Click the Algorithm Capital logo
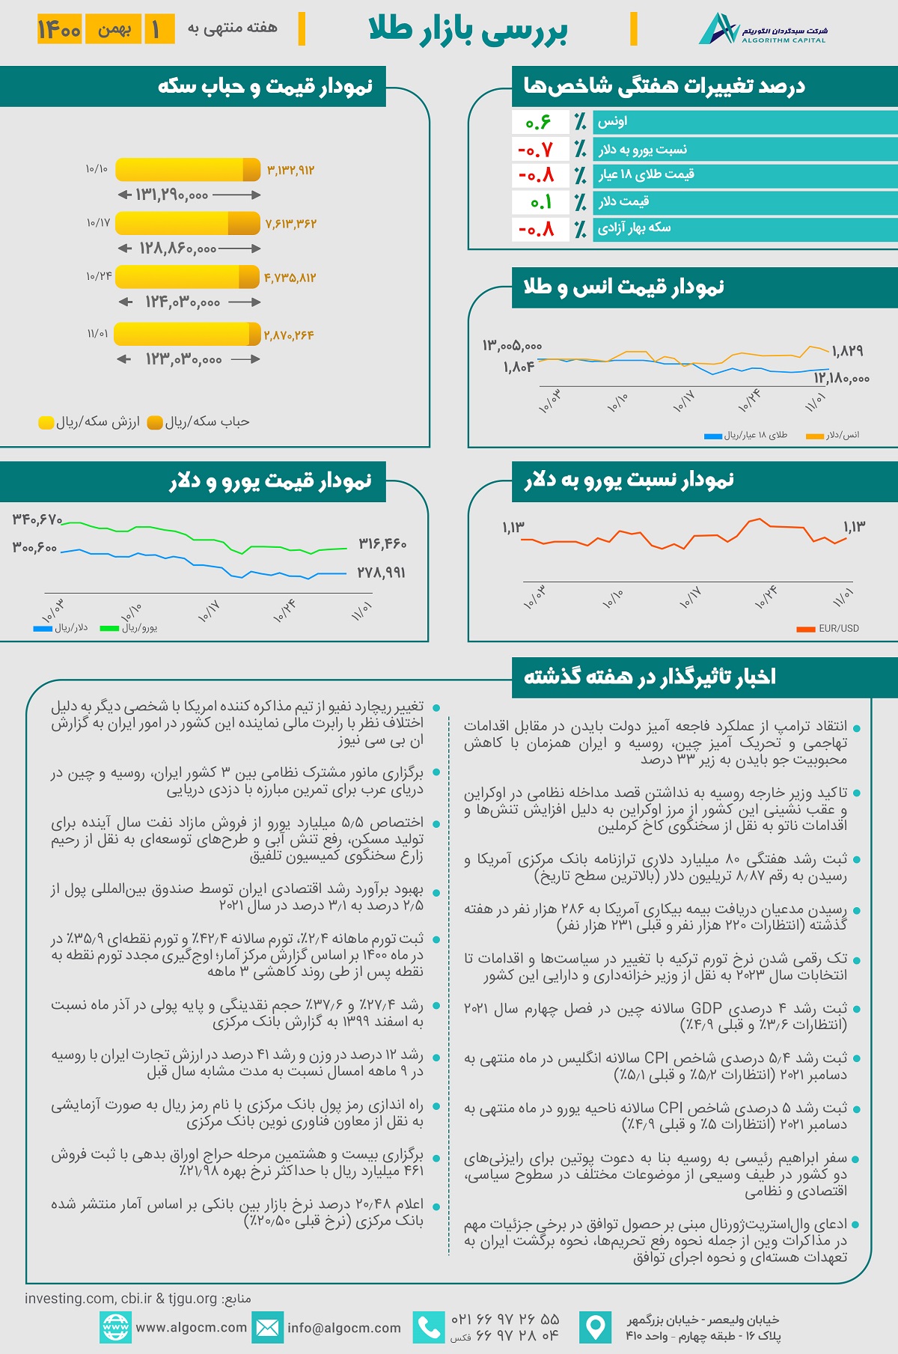(763, 29)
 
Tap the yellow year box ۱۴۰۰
(59, 29)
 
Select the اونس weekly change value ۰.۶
(538, 122)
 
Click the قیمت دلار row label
(623, 201)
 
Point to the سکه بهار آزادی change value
(537, 229)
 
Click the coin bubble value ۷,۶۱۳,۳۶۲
(290, 224)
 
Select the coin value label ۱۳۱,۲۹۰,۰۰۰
(171, 195)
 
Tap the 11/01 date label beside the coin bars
(97, 333)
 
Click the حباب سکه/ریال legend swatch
(156, 423)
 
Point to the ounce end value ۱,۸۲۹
(847, 350)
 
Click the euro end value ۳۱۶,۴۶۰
(382, 543)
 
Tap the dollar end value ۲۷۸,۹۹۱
(381, 573)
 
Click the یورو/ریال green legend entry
(129, 628)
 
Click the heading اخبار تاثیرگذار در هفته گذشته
(650, 677)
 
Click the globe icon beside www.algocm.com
(115, 1328)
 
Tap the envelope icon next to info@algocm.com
(267, 1328)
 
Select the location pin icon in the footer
(596, 1328)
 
